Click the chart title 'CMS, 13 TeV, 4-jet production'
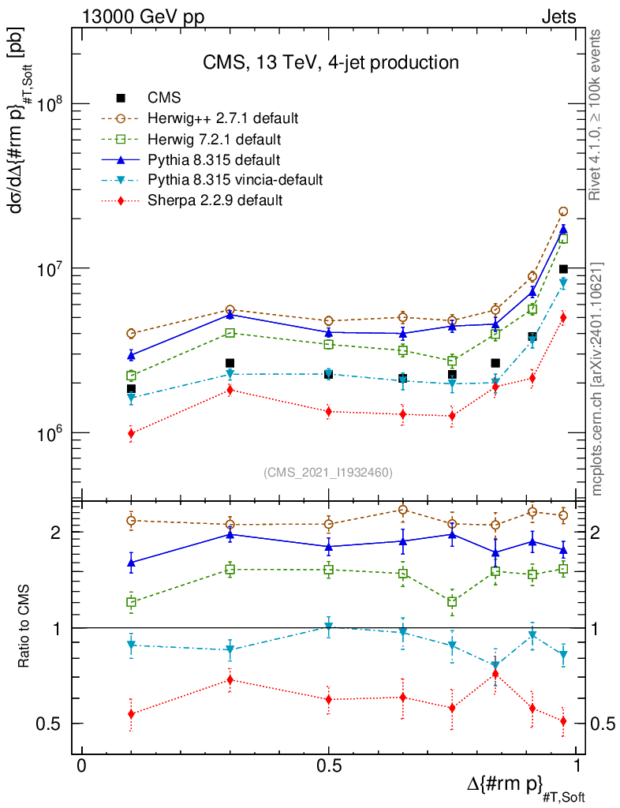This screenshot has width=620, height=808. (x=331, y=62)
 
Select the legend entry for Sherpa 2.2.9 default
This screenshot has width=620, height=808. (x=215, y=200)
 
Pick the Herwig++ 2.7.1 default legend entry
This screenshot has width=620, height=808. (x=222, y=118)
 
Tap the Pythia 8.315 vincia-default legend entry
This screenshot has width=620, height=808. (x=234, y=180)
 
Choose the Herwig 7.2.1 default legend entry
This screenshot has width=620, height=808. (x=215, y=139)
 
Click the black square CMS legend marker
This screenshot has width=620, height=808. (x=121, y=98)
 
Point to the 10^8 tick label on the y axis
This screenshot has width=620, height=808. (x=51, y=104)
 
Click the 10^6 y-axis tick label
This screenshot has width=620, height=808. (x=51, y=433)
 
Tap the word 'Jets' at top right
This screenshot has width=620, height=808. (x=558, y=17)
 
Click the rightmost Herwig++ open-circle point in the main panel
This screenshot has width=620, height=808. (x=563, y=211)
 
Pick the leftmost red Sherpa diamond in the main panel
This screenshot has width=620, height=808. (x=131, y=433)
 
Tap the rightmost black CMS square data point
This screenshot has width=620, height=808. (x=563, y=269)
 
